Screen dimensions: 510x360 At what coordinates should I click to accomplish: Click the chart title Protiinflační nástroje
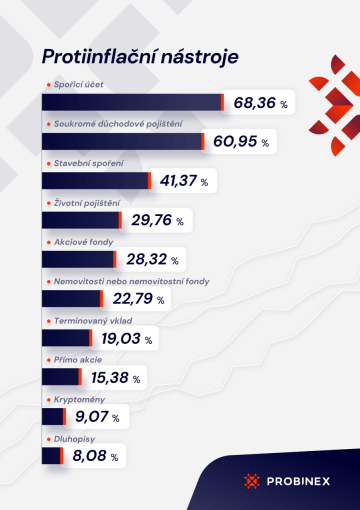pyautogui.click(x=140, y=55)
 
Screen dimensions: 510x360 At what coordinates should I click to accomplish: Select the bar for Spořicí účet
pyautogui.click(x=133, y=102)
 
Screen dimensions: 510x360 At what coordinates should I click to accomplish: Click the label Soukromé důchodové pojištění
pyautogui.click(x=110, y=123)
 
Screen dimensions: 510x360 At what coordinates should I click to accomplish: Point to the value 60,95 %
pyautogui.click(x=241, y=142)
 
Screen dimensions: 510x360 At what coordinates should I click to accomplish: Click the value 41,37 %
pyautogui.click(x=189, y=181)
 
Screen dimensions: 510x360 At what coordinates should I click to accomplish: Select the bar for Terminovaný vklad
pyautogui.click(x=67, y=337)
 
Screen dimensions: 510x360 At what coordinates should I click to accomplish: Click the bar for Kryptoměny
pyautogui.click(x=54, y=416)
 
